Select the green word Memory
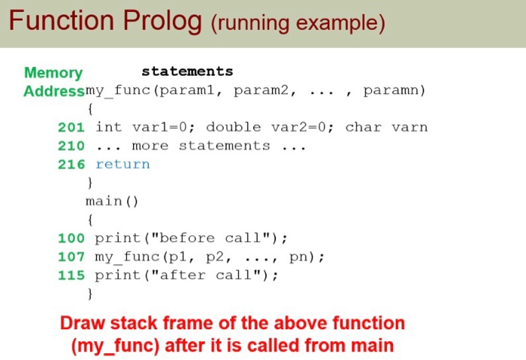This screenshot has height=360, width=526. point(53,73)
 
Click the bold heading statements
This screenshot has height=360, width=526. point(187,71)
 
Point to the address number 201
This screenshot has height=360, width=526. point(71,127)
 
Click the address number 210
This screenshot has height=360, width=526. point(71,146)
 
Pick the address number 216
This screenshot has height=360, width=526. point(71,164)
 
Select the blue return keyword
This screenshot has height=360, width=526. point(122,164)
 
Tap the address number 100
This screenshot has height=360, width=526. point(71,238)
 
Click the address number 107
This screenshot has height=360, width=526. point(71,257)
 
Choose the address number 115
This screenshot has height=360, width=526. point(71,275)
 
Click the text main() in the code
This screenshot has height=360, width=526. point(113,201)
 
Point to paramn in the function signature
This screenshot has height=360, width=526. point(390,91)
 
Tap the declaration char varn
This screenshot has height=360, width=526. point(386,127)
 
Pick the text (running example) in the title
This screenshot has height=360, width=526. point(298,23)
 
